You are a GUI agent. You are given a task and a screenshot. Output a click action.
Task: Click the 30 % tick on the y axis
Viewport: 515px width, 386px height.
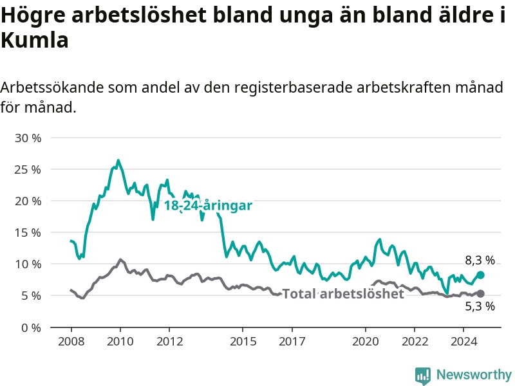click(27, 138)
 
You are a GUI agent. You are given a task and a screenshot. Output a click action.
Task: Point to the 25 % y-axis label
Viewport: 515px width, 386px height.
click(27, 170)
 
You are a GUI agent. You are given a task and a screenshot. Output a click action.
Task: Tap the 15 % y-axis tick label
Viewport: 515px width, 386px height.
click(27, 233)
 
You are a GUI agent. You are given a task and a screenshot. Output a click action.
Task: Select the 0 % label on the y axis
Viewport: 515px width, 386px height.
click(30, 327)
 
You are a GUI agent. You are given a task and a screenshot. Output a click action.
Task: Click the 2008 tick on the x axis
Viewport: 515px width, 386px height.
click(71, 342)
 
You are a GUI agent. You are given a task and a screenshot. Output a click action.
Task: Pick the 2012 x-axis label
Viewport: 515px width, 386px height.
click(169, 342)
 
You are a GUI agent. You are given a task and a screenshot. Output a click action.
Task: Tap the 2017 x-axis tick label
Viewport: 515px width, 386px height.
click(292, 342)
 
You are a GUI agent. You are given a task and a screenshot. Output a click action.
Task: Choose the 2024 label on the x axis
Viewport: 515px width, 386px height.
click(464, 342)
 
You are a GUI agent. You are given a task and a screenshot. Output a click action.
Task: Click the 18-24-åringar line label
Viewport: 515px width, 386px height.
click(207, 206)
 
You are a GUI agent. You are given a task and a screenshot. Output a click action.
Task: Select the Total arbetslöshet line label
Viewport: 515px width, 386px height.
click(343, 294)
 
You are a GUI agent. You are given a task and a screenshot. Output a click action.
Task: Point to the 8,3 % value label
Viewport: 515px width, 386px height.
click(480, 261)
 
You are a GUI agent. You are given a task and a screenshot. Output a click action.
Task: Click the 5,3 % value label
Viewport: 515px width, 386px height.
click(480, 306)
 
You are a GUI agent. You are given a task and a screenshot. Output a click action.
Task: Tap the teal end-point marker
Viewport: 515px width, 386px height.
click(480, 275)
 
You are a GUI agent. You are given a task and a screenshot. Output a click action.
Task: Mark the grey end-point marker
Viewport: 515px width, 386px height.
click(480, 294)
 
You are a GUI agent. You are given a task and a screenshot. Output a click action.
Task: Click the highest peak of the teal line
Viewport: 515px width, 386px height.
click(118, 160)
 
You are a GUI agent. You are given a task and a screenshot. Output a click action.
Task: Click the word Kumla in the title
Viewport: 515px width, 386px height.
click(34, 41)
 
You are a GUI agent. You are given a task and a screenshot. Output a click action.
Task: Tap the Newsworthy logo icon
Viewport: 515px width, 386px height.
click(423, 375)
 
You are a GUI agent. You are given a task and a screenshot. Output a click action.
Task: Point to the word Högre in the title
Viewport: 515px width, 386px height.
click(32, 16)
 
